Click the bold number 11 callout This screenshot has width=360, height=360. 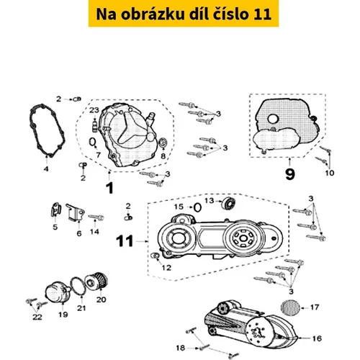(125, 241)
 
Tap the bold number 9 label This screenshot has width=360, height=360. (290, 174)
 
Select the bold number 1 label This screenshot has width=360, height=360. (109, 188)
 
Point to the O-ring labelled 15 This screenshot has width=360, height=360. (197, 207)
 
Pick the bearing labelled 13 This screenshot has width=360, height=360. (228, 203)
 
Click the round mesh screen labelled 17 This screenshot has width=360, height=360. (290, 308)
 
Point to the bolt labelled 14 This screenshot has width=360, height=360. (96, 217)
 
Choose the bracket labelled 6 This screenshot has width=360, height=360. (76, 212)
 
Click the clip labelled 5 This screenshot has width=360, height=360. (56, 210)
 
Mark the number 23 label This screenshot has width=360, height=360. (94, 110)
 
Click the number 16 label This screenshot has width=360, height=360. (317, 338)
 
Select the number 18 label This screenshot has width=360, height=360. (181, 348)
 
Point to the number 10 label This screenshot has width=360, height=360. (330, 173)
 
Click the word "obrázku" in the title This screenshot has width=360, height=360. (153, 14)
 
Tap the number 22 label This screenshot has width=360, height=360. (37, 317)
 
